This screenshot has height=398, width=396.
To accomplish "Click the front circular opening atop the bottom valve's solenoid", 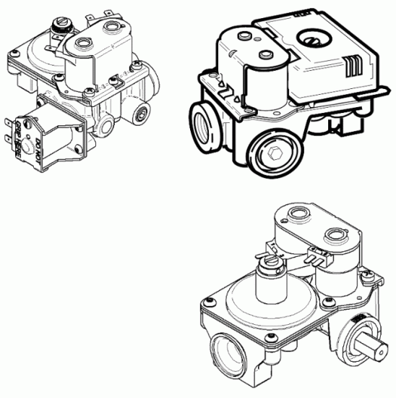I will click(337, 235).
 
